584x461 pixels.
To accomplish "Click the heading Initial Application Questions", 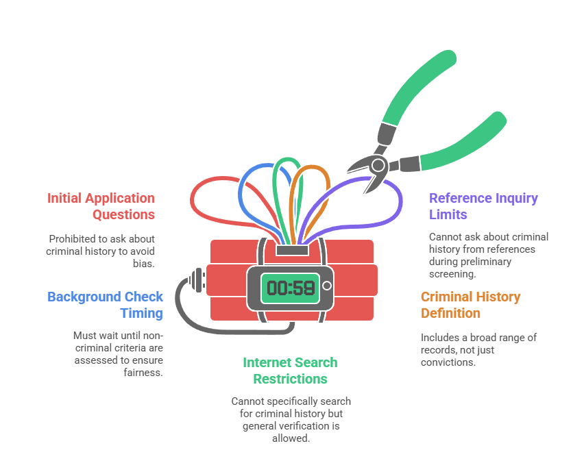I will coord(101,206).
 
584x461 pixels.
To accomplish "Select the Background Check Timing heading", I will coord(106,305).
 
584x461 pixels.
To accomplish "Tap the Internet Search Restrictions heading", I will coord(290,371).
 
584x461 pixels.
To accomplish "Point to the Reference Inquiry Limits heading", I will coord(483,206).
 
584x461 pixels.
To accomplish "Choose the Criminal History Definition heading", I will coord(470,305).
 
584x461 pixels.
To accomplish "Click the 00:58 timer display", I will coord(290,287).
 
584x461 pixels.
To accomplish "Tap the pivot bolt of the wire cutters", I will coord(378,164).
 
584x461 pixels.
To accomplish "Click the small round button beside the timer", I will coord(327,285).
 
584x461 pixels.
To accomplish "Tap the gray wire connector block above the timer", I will coord(291,251).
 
